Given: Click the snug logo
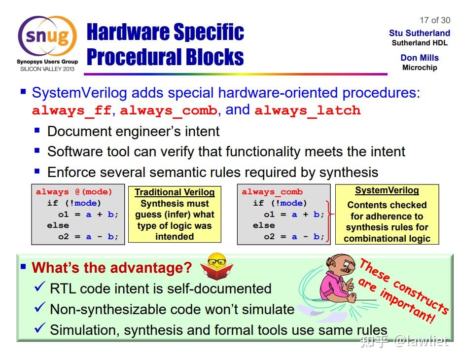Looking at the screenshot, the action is [x=47, y=36].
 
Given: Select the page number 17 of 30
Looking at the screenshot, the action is [x=435, y=20].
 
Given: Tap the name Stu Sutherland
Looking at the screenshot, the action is [x=420, y=33].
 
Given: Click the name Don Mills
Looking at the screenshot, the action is [x=420, y=58].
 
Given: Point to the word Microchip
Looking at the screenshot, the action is [x=420, y=68].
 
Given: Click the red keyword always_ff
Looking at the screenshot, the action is [x=71, y=110].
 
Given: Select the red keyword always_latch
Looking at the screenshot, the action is [x=308, y=110].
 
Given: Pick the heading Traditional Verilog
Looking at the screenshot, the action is [x=175, y=192].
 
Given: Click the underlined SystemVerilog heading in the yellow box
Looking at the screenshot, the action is [x=387, y=190].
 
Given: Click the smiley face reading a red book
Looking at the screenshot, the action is [x=217, y=266].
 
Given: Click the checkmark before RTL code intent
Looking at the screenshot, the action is [x=39, y=287].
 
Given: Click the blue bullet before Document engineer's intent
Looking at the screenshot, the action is [x=37, y=130].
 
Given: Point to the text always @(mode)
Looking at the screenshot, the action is [x=74, y=192].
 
